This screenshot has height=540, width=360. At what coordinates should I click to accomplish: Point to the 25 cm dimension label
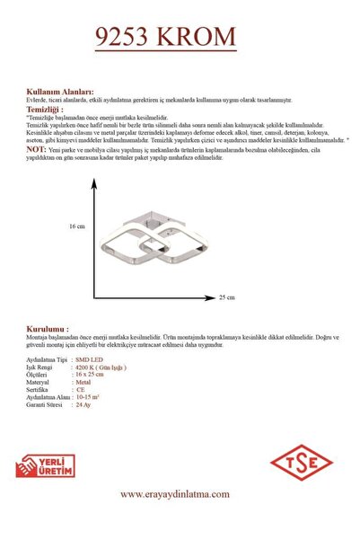227,297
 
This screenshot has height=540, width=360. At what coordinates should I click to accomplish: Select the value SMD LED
91,357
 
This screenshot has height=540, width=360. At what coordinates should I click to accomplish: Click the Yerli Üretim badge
46,465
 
